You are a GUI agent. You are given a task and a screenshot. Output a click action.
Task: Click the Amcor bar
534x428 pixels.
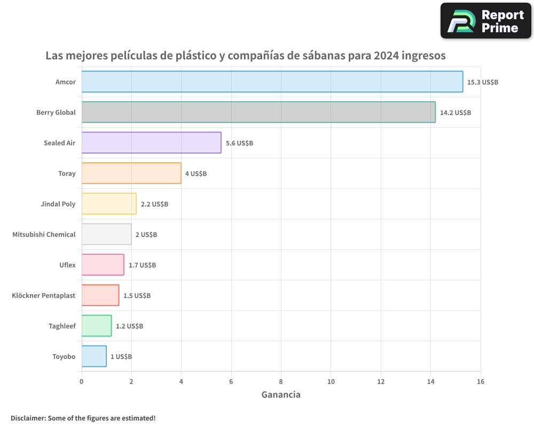(272, 82)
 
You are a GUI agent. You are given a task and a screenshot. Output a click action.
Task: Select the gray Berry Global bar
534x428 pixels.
(258, 112)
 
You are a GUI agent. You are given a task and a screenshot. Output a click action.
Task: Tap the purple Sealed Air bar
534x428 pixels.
(151, 143)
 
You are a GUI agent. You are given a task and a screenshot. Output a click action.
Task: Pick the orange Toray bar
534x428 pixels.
(131, 173)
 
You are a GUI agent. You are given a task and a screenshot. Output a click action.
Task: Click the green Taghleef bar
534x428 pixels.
(97, 326)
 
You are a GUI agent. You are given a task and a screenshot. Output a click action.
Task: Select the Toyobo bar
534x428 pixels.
(94, 356)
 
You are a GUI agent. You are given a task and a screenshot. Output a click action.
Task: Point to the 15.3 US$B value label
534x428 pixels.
(483, 82)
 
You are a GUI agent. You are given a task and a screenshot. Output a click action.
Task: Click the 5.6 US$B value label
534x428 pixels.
(239, 143)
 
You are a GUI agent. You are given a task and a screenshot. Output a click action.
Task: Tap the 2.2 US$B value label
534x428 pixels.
(154, 204)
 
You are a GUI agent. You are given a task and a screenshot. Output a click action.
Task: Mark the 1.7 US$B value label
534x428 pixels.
(142, 265)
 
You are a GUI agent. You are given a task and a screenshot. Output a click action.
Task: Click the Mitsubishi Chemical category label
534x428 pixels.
(44, 234)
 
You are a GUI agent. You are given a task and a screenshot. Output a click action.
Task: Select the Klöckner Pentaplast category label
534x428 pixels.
(43, 295)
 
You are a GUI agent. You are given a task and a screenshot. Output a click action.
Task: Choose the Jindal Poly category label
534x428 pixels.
(58, 204)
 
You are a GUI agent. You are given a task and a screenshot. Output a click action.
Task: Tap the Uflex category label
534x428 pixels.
(67, 265)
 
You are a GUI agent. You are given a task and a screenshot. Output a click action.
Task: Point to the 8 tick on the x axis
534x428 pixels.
(281, 381)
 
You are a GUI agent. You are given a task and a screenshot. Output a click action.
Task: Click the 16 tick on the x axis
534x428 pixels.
(480, 381)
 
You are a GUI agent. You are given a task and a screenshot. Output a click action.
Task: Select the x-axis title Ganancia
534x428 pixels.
(281, 395)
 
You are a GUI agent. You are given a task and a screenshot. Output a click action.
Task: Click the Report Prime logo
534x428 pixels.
(485, 21)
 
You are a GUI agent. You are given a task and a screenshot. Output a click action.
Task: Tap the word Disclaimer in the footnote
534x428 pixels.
(28, 418)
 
